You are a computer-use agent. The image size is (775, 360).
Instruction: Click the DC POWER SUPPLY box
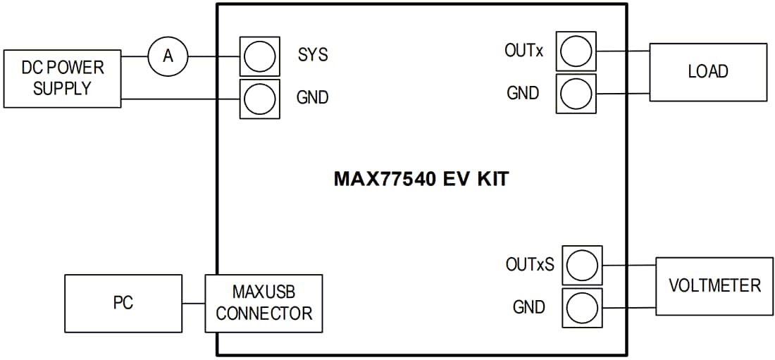62,78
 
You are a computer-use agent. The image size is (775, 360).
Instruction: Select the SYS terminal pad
259,56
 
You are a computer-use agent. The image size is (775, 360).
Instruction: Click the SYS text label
313,55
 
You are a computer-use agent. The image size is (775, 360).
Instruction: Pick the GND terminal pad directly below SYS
259,98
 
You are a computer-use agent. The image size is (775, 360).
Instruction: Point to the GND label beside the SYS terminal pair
312,97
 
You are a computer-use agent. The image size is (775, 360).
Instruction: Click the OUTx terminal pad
576,51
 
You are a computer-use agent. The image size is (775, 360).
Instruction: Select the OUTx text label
523,51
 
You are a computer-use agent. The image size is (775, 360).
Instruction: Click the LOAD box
707,72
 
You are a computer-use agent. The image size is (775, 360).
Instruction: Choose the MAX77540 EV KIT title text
421,179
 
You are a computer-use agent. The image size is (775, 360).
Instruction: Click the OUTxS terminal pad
582,265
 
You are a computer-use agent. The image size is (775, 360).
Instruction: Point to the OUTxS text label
530,265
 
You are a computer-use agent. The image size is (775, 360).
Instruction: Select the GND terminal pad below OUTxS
582,308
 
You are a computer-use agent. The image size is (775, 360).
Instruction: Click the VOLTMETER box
714,285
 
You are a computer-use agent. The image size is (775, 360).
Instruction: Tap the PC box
123,304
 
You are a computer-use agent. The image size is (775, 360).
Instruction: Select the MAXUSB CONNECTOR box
263,304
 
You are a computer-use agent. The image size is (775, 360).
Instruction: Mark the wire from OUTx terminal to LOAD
622,51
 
